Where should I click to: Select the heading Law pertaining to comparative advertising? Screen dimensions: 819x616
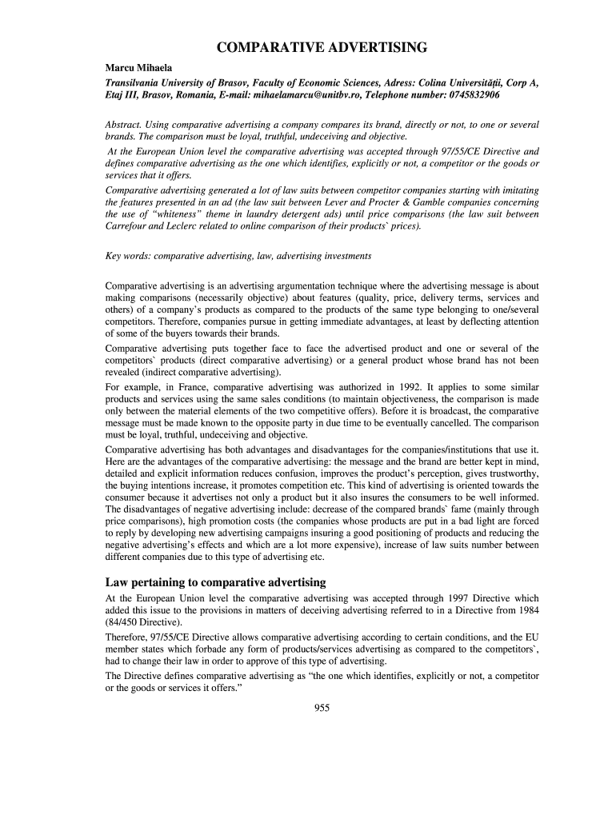[x=215, y=581]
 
